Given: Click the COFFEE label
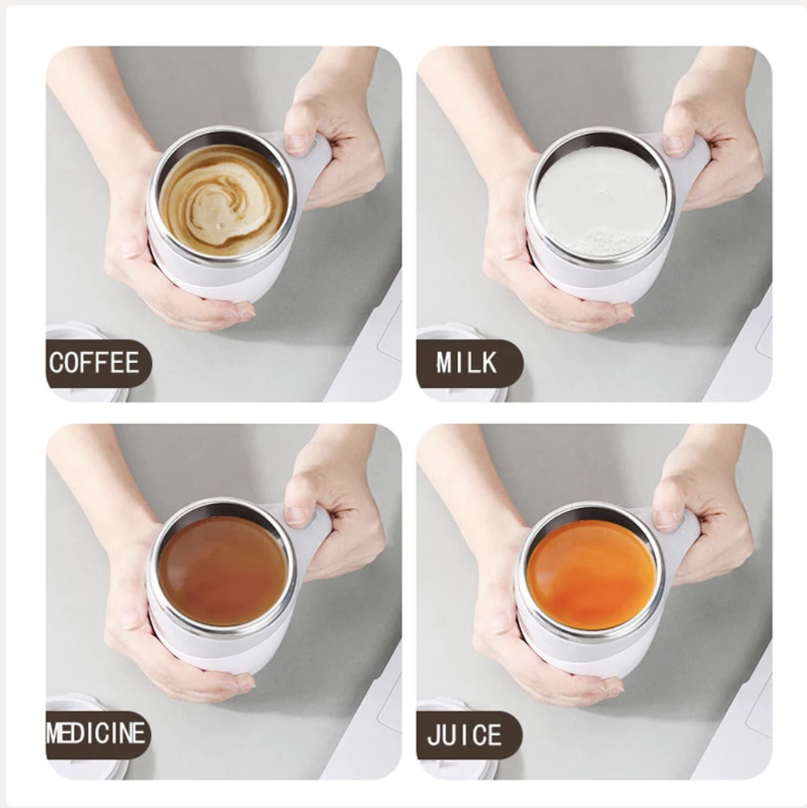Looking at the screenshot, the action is pos(95,363).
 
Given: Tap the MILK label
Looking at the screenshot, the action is pos(466,363).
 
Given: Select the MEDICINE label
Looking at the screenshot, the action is pos(96,734).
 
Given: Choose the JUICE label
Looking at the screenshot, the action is pos(464,734).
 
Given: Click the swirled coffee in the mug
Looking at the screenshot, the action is pos(223,200).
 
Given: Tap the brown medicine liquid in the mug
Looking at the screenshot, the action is pos(222,569).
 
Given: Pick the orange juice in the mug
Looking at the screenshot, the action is pos(591,575).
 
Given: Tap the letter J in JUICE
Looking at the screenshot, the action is pos(433,735).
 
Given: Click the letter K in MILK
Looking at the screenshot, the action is pos(489,363).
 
